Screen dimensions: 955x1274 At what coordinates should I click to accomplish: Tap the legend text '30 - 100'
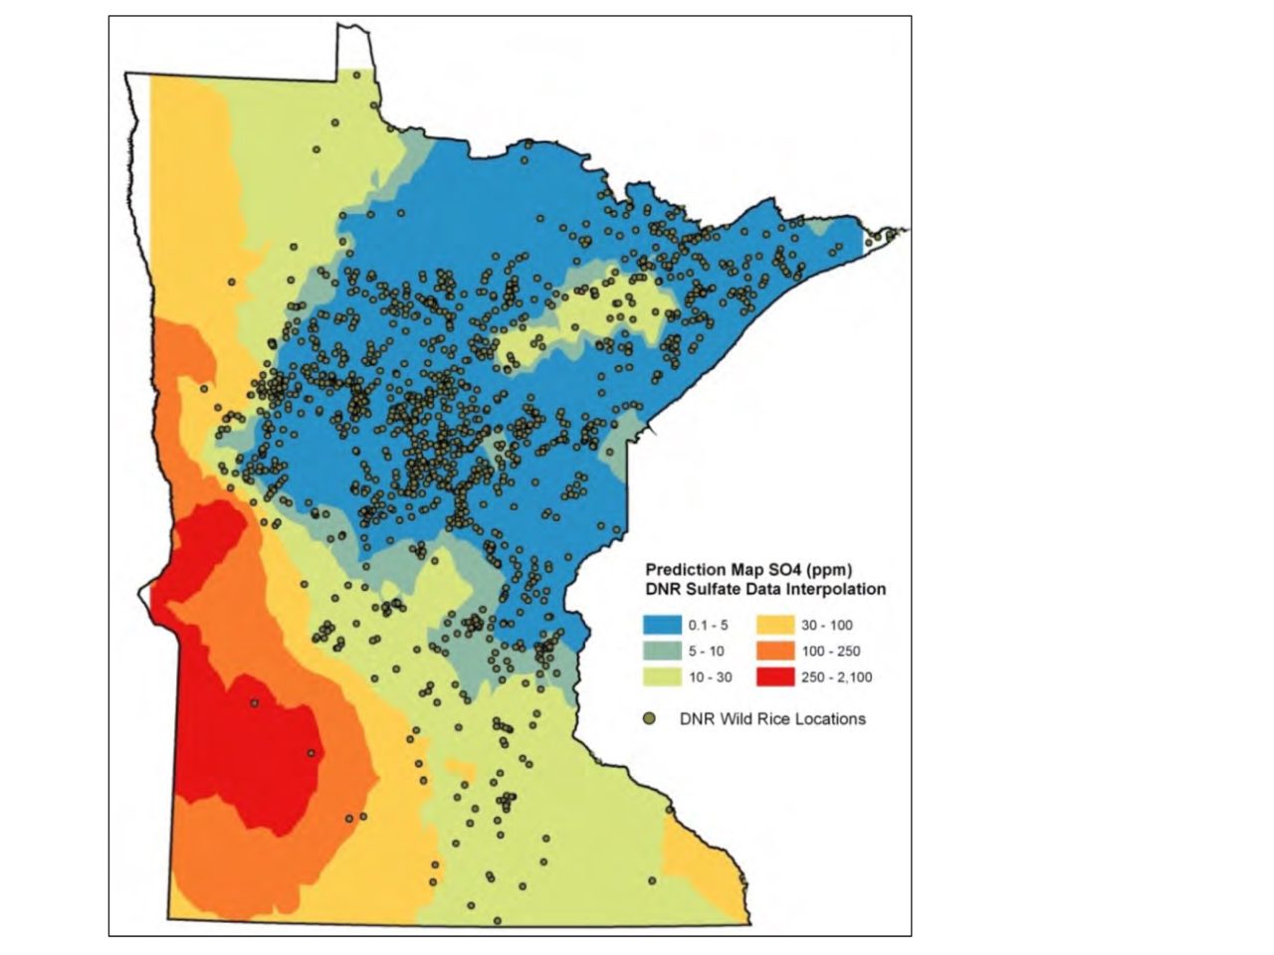point(827,626)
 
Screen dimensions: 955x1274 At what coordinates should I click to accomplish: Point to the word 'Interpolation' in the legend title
point(836,589)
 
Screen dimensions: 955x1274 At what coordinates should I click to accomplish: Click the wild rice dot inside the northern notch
point(356,75)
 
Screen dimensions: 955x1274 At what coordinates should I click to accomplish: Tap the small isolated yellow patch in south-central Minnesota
point(460,769)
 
